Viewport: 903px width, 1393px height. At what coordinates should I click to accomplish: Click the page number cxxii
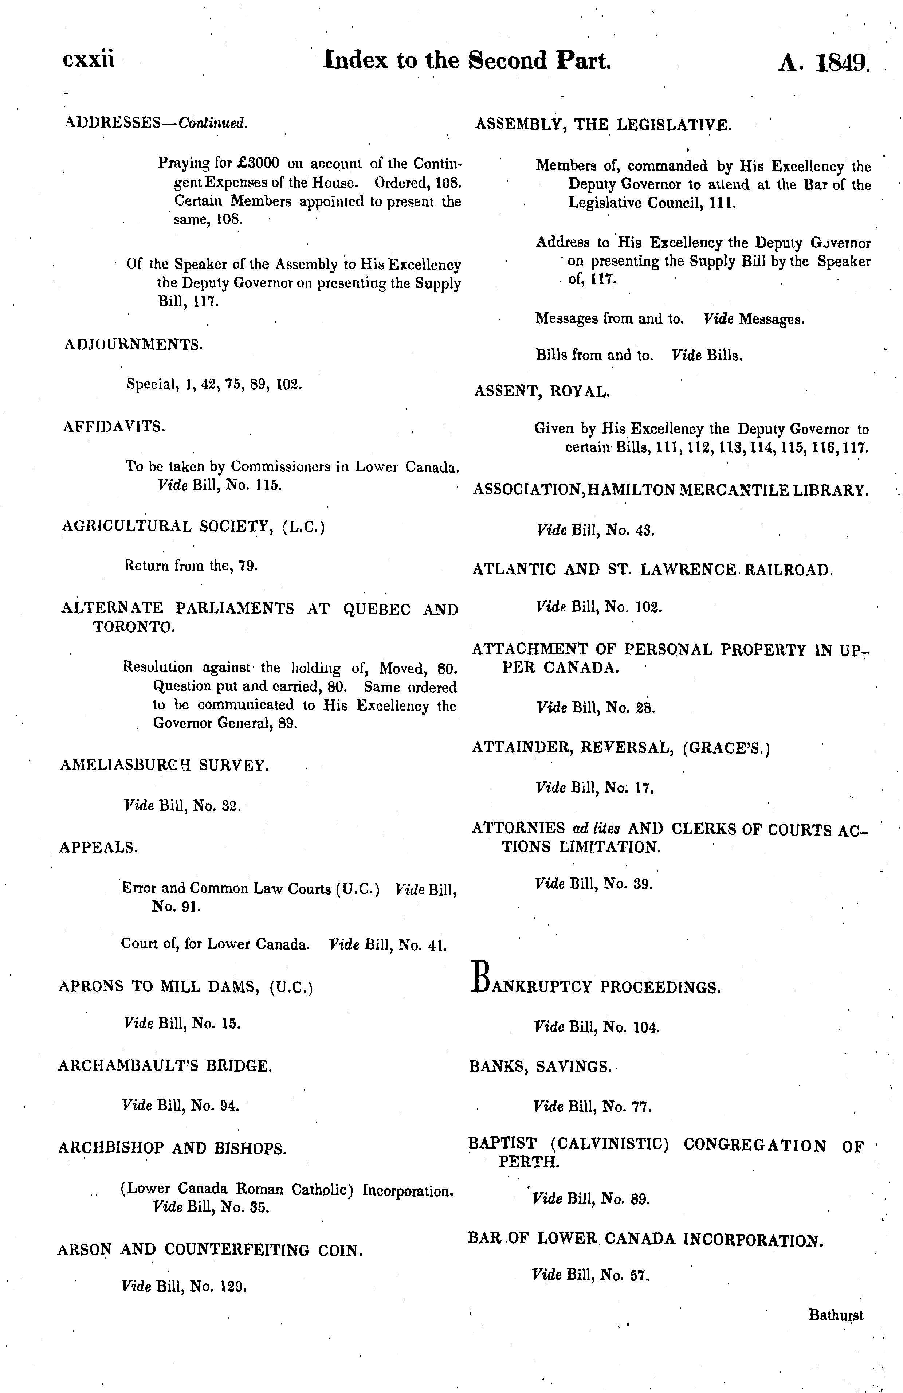pos(89,60)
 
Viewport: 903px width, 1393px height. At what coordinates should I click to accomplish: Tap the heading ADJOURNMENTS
pos(133,344)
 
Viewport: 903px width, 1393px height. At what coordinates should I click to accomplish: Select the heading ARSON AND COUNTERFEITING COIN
pos(209,1250)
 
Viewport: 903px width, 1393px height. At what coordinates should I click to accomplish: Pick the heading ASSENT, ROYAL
pos(542,392)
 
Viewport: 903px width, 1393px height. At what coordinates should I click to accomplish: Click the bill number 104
pos(646,1027)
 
